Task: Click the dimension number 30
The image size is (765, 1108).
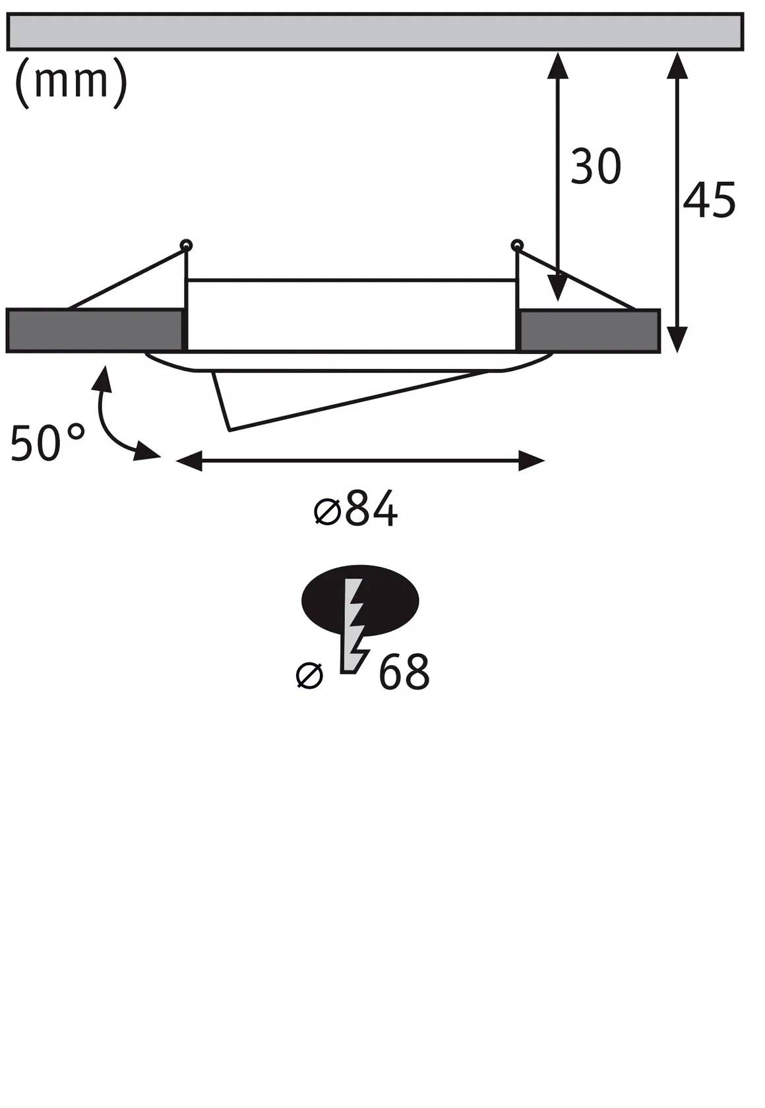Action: point(595,167)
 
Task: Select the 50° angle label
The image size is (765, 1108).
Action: point(47,443)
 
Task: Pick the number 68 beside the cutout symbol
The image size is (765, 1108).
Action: point(404,673)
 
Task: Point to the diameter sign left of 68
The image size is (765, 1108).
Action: point(309,676)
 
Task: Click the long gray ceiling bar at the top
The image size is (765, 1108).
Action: point(375,31)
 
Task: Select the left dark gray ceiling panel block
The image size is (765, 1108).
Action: point(94,330)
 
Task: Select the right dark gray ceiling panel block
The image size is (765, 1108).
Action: point(589,331)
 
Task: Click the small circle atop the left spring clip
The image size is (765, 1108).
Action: point(187,245)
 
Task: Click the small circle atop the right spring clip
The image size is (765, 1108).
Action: point(516,245)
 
